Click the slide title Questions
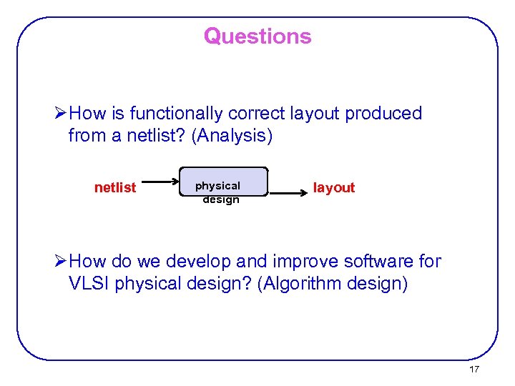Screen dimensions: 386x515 point(257,36)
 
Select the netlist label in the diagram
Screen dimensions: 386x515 point(115,188)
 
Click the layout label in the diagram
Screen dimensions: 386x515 point(334,188)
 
